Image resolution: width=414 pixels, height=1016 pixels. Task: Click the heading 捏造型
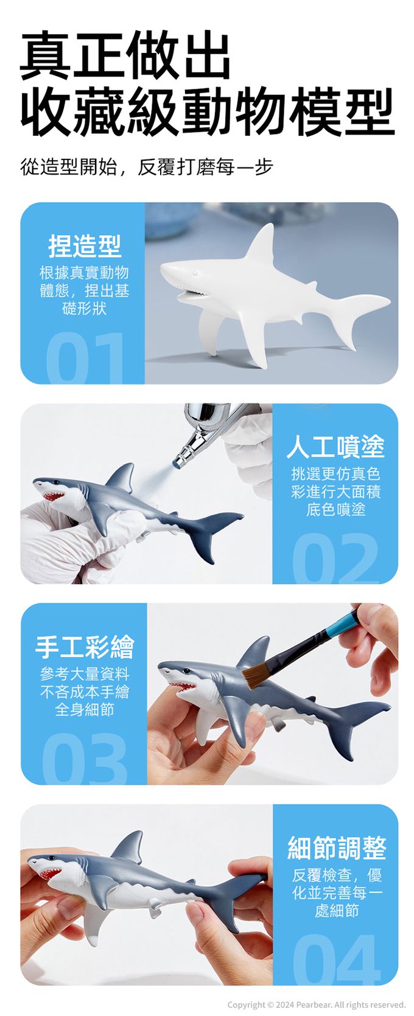85,246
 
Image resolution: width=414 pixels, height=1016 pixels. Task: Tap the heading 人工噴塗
335,446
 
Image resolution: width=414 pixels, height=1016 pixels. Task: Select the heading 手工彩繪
85,646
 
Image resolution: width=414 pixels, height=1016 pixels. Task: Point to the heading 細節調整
337,848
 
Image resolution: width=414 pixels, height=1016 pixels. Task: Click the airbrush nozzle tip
177,463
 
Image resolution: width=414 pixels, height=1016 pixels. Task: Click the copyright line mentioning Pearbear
316,1004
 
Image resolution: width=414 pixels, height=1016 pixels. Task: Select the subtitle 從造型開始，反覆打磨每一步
147,167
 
